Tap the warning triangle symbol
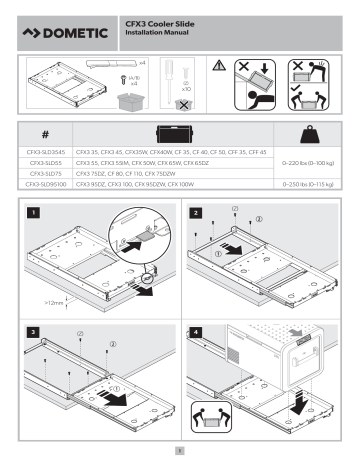(x=220, y=62)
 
